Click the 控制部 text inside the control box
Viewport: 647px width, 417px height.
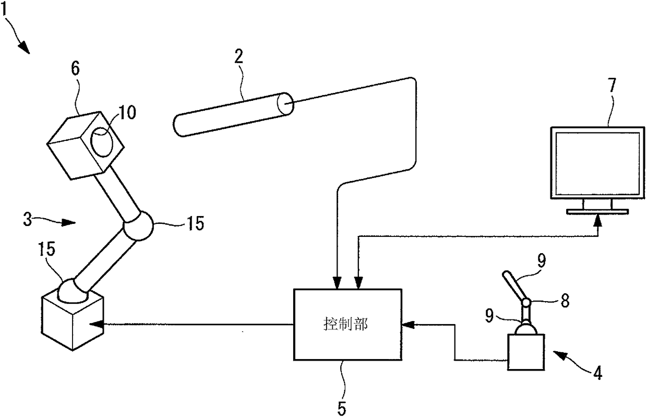[x=345, y=324]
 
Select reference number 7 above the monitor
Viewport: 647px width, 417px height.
[x=612, y=85]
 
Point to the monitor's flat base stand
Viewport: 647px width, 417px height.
[x=597, y=211]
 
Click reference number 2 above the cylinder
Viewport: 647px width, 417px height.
[x=239, y=56]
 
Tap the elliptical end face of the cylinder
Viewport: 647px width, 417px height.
[x=285, y=104]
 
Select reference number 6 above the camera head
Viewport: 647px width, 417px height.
[x=75, y=68]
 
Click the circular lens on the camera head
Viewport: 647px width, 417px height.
[x=102, y=142]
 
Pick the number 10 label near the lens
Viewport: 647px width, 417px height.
[x=127, y=112]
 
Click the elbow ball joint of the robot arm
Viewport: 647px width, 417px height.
[x=138, y=225]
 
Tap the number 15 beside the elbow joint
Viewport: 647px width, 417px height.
[x=195, y=223]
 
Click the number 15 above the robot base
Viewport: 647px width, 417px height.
[x=46, y=249]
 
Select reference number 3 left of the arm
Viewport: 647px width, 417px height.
[x=28, y=220]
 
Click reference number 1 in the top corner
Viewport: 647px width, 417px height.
[x=4, y=8]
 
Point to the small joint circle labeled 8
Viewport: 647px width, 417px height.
[x=526, y=303]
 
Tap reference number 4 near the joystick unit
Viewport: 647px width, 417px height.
[x=597, y=373]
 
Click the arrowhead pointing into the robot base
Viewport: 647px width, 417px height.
[x=97, y=324]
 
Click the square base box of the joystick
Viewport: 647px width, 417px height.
[x=526, y=352]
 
